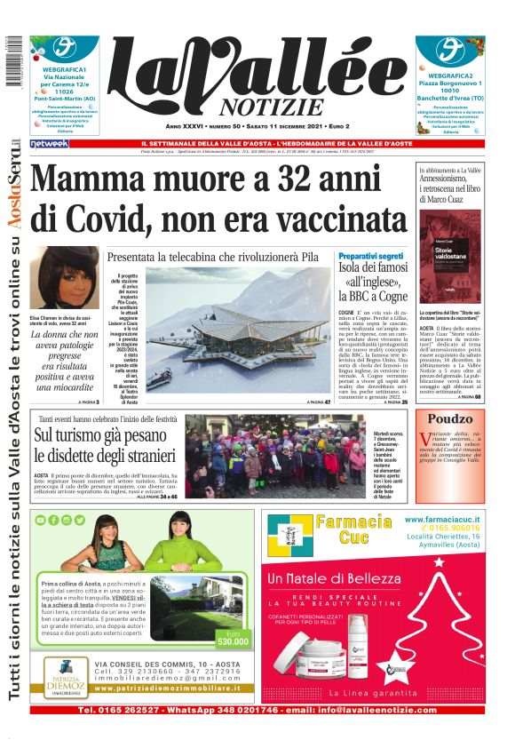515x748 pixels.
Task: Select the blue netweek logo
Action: click(49, 144)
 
